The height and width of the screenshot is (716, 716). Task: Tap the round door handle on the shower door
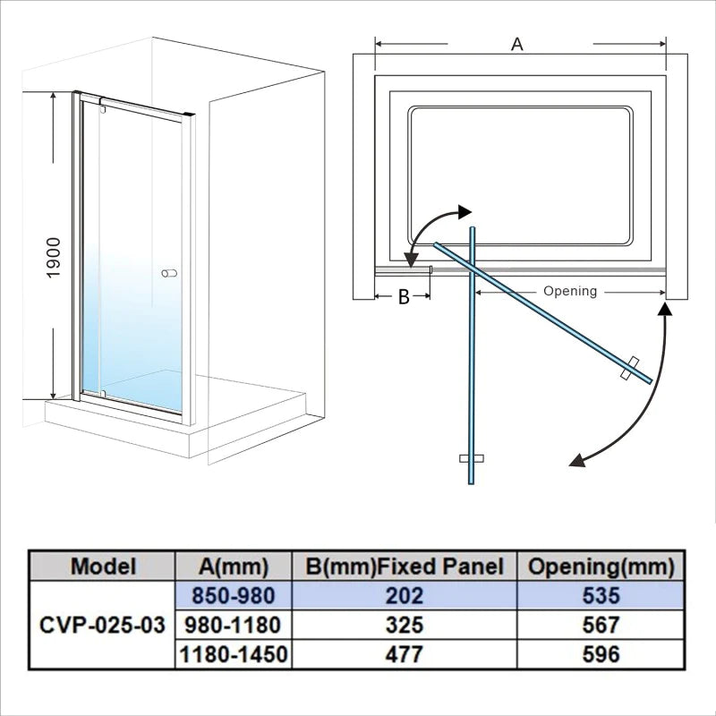coord(168,273)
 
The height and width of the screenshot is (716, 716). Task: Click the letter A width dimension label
coord(516,43)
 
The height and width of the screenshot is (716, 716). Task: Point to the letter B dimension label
coord(404,297)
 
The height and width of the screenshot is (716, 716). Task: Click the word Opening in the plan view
coord(569,291)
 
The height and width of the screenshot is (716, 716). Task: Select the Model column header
coord(103,566)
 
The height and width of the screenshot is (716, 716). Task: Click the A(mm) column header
coord(233,566)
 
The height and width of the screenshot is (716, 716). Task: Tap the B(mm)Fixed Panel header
coord(405,566)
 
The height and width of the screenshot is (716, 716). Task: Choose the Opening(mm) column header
coord(601,566)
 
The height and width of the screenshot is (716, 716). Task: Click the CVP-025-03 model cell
coord(103,625)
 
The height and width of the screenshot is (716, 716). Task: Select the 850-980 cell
coord(233,594)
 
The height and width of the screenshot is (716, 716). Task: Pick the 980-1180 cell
coord(233,625)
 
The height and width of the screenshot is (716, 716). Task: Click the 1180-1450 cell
coord(233,654)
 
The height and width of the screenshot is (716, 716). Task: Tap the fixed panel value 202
coord(405,594)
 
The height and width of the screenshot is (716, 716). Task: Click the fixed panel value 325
coord(405,625)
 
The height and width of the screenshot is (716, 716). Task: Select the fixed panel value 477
coord(405,654)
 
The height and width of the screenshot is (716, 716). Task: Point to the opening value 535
coord(601,594)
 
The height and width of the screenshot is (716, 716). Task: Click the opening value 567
coord(601,625)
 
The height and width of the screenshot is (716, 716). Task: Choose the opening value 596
coord(601,654)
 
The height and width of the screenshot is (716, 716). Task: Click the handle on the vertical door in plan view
coord(471,458)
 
